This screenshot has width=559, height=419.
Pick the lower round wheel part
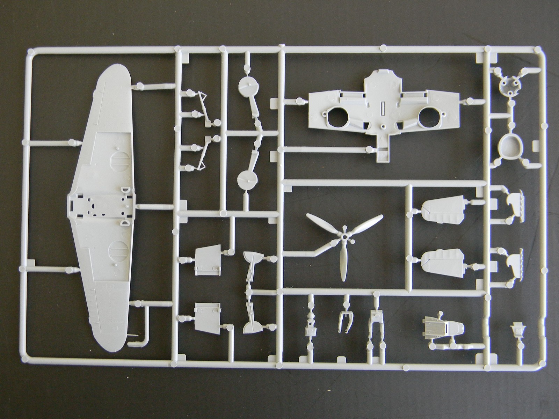tap(247, 180)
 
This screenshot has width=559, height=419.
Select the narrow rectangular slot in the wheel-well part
tap(383, 106)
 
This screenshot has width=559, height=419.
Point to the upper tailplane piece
tap(442, 211)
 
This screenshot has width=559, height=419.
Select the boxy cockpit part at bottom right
tap(443, 327)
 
